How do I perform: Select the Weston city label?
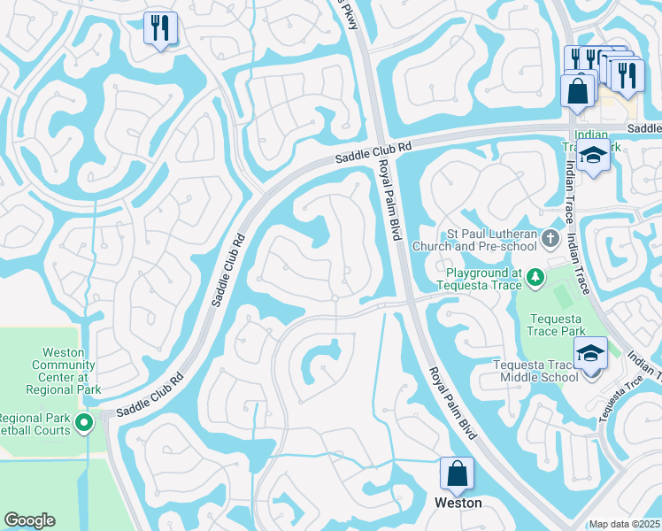coord(458,503)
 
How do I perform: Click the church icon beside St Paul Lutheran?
coord(550,237)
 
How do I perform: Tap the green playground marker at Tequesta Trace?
coord(535,279)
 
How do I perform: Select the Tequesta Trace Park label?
coord(557,325)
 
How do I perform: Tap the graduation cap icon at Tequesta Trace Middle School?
coord(591,353)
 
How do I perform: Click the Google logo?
coord(29,520)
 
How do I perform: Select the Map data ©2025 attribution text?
coord(624,524)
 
